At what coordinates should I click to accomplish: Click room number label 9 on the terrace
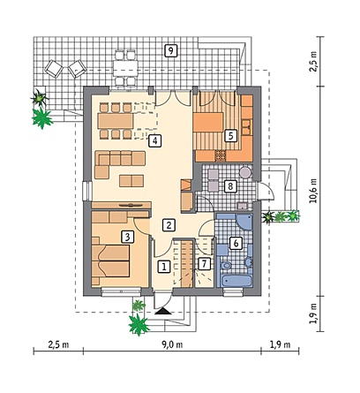170,50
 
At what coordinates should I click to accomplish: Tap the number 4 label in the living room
154,140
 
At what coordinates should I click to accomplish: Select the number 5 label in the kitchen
230,136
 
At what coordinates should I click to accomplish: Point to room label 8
230,186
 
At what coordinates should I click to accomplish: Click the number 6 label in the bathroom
236,244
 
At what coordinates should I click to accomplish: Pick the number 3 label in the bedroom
127,237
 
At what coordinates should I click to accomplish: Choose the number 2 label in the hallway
169,225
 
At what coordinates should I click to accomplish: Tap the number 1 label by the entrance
164,267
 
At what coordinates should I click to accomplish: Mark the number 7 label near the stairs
204,264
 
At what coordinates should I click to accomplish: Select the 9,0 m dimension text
172,344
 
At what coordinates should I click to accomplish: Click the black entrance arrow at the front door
162,311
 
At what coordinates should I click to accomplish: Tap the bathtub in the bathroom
236,281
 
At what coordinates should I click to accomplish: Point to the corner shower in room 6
244,222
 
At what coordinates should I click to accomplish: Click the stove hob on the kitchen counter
220,155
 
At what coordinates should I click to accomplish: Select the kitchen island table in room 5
208,123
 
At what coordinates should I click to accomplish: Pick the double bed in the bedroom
110,261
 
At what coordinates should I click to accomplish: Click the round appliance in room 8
245,172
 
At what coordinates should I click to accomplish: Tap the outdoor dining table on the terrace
125,68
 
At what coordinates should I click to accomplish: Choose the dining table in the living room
116,121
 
